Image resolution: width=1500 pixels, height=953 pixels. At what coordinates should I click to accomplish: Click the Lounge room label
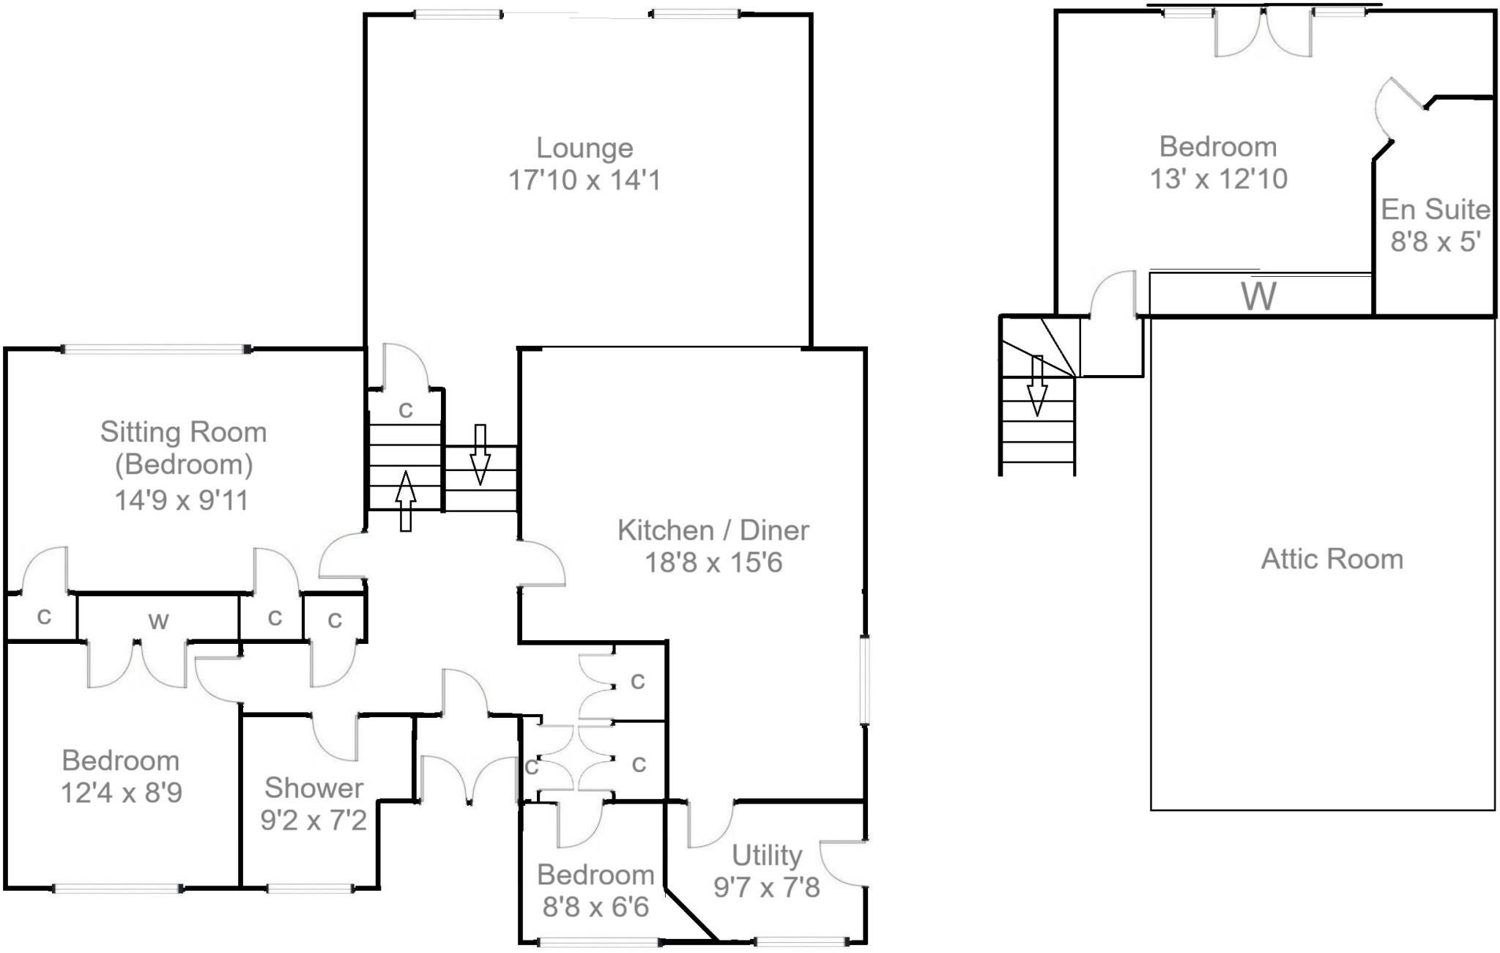(x=584, y=148)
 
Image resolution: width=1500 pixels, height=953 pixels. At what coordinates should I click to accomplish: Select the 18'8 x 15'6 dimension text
(x=713, y=563)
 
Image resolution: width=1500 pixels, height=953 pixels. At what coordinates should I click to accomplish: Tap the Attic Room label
(x=1332, y=559)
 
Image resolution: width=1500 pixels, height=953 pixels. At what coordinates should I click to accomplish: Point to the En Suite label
(x=1436, y=209)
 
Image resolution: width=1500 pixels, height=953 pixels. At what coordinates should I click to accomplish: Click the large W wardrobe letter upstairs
(x=1258, y=296)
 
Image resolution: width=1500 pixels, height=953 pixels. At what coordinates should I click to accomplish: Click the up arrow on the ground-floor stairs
(x=405, y=501)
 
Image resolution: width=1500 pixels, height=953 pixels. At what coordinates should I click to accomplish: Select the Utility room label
(x=767, y=855)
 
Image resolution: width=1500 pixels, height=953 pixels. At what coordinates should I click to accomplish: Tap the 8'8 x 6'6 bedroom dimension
(x=595, y=907)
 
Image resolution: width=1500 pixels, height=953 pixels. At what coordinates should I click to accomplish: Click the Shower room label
(x=313, y=787)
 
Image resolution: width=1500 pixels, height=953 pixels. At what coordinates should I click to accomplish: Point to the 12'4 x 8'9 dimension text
(x=121, y=793)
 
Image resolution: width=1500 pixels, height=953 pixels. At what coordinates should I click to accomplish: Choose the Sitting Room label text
(x=183, y=432)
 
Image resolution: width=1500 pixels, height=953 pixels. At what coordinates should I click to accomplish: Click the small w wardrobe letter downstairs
(x=158, y=621)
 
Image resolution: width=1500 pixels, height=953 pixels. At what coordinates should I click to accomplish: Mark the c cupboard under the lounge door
(x=405, y=409)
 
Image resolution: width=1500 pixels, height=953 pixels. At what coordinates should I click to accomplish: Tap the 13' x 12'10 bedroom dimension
(x=1218, y=179)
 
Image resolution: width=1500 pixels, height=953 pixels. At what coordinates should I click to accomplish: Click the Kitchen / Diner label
(x=713, y=530)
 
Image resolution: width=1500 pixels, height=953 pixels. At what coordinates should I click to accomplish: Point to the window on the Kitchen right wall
(x=865, y=681)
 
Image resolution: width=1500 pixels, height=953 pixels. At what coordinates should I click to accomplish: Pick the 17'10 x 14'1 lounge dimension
(x=584, y=180)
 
